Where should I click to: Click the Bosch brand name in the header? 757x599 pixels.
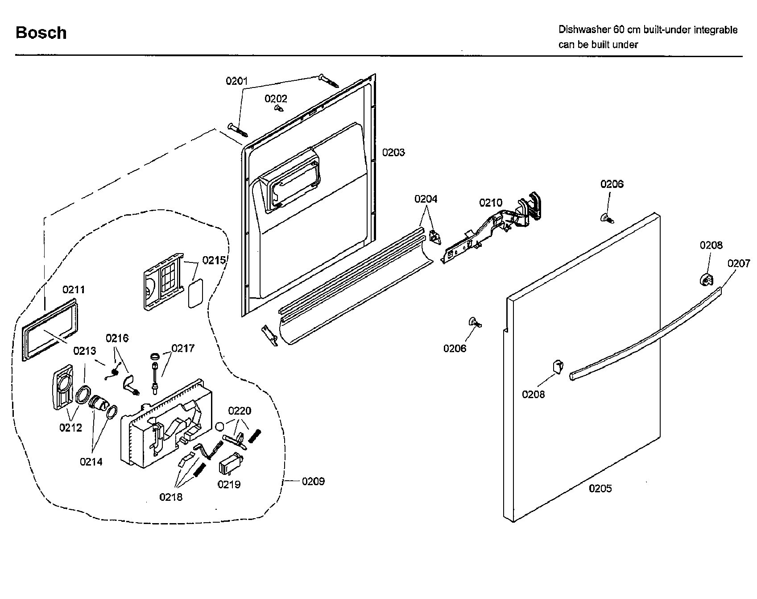click(41, 33)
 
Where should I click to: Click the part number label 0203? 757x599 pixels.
click(393, 153)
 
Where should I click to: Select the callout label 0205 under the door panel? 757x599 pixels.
click(600, 488)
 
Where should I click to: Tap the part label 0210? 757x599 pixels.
click(490, 203)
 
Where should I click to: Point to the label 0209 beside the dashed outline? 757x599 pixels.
click(313, 481)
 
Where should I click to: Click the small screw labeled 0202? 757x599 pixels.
click(279, 108)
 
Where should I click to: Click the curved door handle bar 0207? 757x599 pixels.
click(647, 333)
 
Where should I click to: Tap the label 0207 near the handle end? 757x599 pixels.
click(739, 263)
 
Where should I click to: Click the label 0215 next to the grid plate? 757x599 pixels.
click(214, 261)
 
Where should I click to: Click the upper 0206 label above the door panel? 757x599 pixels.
click(612, 184)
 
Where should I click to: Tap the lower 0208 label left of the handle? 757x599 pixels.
click(534, 394)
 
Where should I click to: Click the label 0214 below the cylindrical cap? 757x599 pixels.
click(91, 462)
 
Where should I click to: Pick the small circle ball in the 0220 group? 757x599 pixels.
click(219, 426)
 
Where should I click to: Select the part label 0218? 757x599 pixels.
click(171, 497)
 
